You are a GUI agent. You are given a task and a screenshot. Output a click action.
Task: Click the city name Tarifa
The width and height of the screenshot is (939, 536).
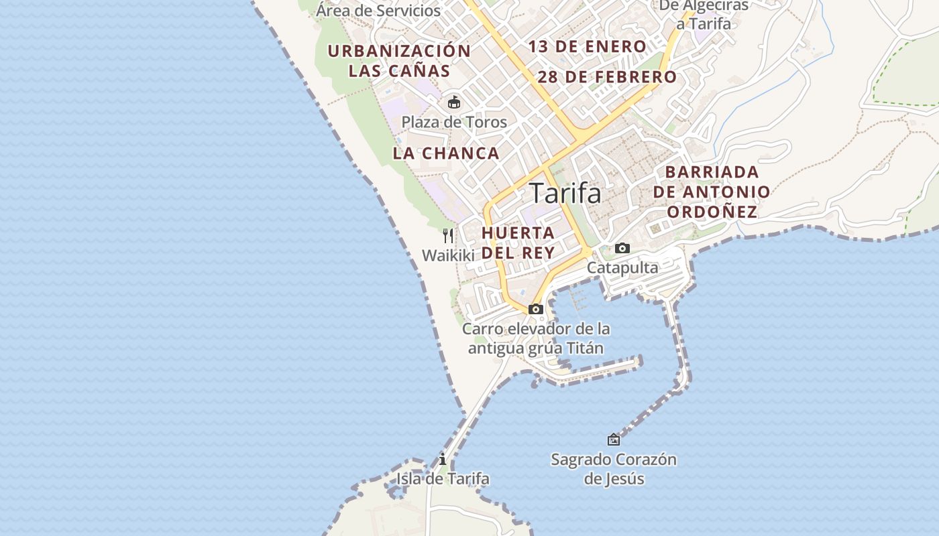(565, 194)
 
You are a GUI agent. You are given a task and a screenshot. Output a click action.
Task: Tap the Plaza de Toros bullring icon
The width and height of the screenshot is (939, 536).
(454, 103)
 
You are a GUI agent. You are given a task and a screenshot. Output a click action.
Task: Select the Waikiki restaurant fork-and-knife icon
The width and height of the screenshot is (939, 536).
(448, 235)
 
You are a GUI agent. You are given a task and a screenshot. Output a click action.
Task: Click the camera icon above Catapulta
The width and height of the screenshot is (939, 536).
(622, 249)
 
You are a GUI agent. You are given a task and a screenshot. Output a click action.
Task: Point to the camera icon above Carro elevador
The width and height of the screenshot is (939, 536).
(535, 309)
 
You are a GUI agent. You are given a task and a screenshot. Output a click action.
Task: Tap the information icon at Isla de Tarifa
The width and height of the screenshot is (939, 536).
(443, 460)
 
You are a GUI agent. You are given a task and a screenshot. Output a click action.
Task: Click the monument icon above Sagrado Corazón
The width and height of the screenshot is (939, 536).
(614, 440)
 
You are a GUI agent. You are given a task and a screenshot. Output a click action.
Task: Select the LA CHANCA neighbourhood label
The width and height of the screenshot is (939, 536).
(446, 153)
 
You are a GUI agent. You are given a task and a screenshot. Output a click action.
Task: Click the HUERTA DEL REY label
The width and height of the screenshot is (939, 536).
(518, 243)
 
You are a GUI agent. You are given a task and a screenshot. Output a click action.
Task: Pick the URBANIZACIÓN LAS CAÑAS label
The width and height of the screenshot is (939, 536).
(399, 61)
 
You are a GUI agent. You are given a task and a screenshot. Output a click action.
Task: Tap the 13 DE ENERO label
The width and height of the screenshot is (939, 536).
(587, 47)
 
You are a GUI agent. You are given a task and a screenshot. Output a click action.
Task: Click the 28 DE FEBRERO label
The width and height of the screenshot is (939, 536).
(607, 77)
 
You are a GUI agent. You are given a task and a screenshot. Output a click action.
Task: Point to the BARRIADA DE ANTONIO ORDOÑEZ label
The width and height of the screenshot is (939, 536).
(712, 192)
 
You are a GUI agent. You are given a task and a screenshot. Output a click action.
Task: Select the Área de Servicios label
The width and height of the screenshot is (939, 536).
(378, 11)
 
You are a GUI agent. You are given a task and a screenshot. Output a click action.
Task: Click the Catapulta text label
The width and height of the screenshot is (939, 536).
(622, 268)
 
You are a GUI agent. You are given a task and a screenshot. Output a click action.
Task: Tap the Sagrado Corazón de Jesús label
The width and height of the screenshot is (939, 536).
(614, 469)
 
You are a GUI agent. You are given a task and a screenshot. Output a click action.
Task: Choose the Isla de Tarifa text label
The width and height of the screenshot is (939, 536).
(443, 479)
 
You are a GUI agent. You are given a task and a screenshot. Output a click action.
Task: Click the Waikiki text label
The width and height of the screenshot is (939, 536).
(448, 255)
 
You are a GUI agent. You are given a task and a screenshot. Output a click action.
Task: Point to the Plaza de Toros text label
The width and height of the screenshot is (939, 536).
(454, 122)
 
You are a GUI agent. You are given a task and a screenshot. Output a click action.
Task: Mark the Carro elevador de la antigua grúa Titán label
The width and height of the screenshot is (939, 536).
(536, 338)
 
